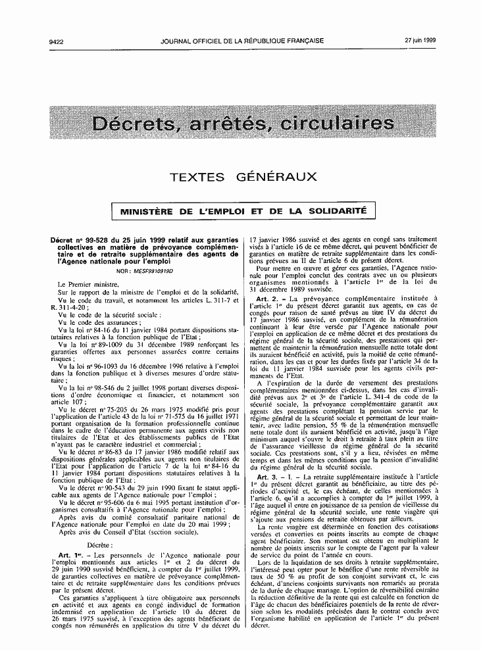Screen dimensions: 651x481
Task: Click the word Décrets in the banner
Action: [x=135, y=123]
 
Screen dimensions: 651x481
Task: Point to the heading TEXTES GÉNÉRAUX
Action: [x=243, y=177]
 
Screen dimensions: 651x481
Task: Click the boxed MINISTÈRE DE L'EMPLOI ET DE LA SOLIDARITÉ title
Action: [x=243, y=212]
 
